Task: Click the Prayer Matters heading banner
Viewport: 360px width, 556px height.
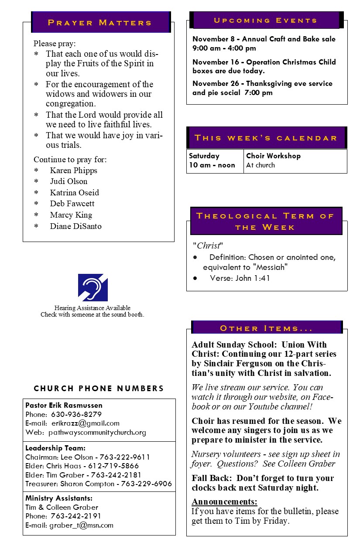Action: pyautogui.click(x=100, y=23)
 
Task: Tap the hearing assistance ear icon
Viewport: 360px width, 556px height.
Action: pyautogui.click(x=93, y=287)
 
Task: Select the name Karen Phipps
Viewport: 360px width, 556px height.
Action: pyautogui.click(x=73, y=171)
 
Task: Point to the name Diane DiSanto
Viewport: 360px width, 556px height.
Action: pyautogui.click(x=75, y=226)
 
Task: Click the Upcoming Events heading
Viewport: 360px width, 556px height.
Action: pyautogui.click(x=266, y=20)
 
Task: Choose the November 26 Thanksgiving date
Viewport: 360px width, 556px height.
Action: pyautogui.click(x=217, y=83)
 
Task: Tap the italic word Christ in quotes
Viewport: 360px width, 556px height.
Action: pyautogui.click(x=209, y=246)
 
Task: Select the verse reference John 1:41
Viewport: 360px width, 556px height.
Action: pyautogui.click(x=253, y=278)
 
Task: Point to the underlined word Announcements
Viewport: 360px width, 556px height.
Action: pyautogui.click(x=224, y=501)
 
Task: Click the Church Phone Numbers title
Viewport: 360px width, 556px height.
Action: pyautogui.click(x=99, y=388)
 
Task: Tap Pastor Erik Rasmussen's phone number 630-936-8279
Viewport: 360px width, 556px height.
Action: pyautogui.click(x=76, y=414)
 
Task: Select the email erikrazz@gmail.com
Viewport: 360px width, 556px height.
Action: pyautogui.click(x=85, y=423)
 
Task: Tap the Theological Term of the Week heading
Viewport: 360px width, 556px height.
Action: pyautogui.click(x=265, y=222)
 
